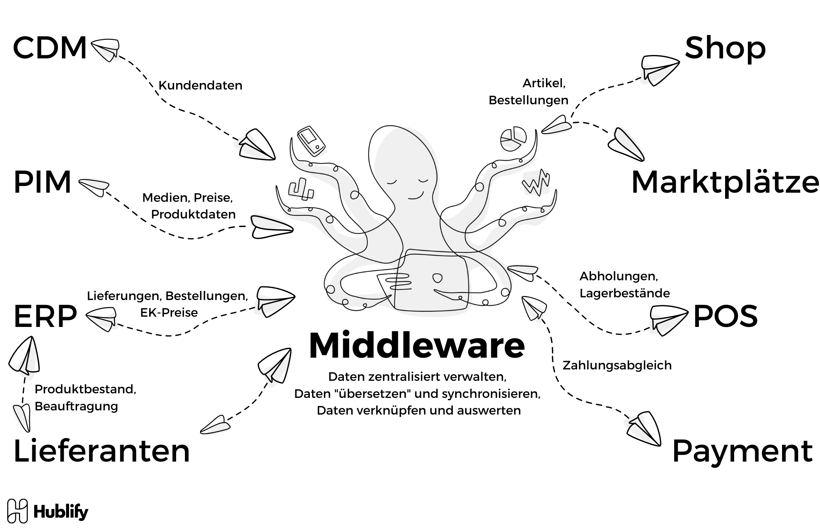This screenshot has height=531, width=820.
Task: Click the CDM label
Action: pyautogui.click(x=50, y=48)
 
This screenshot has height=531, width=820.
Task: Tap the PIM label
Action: pyautogui.click(x=42, y=183)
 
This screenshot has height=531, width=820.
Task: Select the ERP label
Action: pyautogui.click(x=45, y=317)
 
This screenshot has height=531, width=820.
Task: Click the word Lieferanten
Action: pyautogui.click(x=101, y=451)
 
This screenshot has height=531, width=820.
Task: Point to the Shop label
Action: pyautogui.click(x=725, y=48)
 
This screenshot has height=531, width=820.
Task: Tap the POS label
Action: pyautogui.click(x=725, y=317)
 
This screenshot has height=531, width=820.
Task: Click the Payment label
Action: pyautogui.click(x=742, y=451)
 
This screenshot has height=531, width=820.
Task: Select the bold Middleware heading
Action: pyautogui.click(x=417, y=346)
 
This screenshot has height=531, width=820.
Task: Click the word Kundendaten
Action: pyautogui.click(x=200, y=85)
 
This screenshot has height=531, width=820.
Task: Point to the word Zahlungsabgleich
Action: pyautogui.click(x=617, y=365)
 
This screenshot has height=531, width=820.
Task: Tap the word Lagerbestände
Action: pyautogui.click(x=624, y=293)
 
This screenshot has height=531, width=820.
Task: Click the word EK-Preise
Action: pyautogui.click(x=169, y=313)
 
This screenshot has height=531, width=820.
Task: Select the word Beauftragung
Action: pyautogui.click(x=76, y=406)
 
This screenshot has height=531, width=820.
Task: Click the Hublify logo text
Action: pyautogui.click(x=61, y=512)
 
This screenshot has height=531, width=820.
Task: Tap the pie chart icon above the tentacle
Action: pyautogui.click(x=513, y=139)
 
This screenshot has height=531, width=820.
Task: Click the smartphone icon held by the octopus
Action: pyautogui.click(x=311, y=141)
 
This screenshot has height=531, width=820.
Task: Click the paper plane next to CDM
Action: pyautogui.click(x=105, y=50)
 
